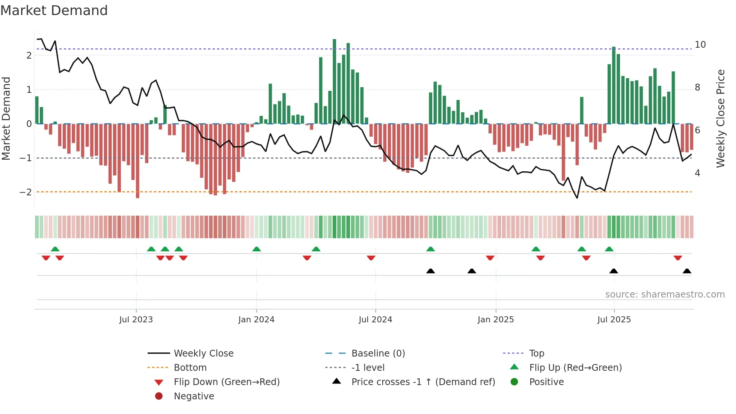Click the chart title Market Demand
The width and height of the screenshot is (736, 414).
(54, 10)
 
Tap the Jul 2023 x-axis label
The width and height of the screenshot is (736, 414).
(136, 320)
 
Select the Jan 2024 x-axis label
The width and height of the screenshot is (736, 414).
(256, 320)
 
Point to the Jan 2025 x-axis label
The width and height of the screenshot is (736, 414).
(496, 320)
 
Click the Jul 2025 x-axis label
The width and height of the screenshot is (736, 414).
(614, 320)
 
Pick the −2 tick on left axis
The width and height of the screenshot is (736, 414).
(26, 192)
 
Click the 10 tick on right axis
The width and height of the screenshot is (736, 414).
(700, 45)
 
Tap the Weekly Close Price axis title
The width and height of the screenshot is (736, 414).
(720, 118)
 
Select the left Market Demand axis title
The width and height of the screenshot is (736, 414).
(6, 118)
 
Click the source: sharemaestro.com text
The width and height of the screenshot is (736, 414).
(665, 295)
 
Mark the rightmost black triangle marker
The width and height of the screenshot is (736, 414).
(687, 271)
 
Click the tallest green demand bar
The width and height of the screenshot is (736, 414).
(334, 81)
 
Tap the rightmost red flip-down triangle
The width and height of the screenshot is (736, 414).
(678, 258)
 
